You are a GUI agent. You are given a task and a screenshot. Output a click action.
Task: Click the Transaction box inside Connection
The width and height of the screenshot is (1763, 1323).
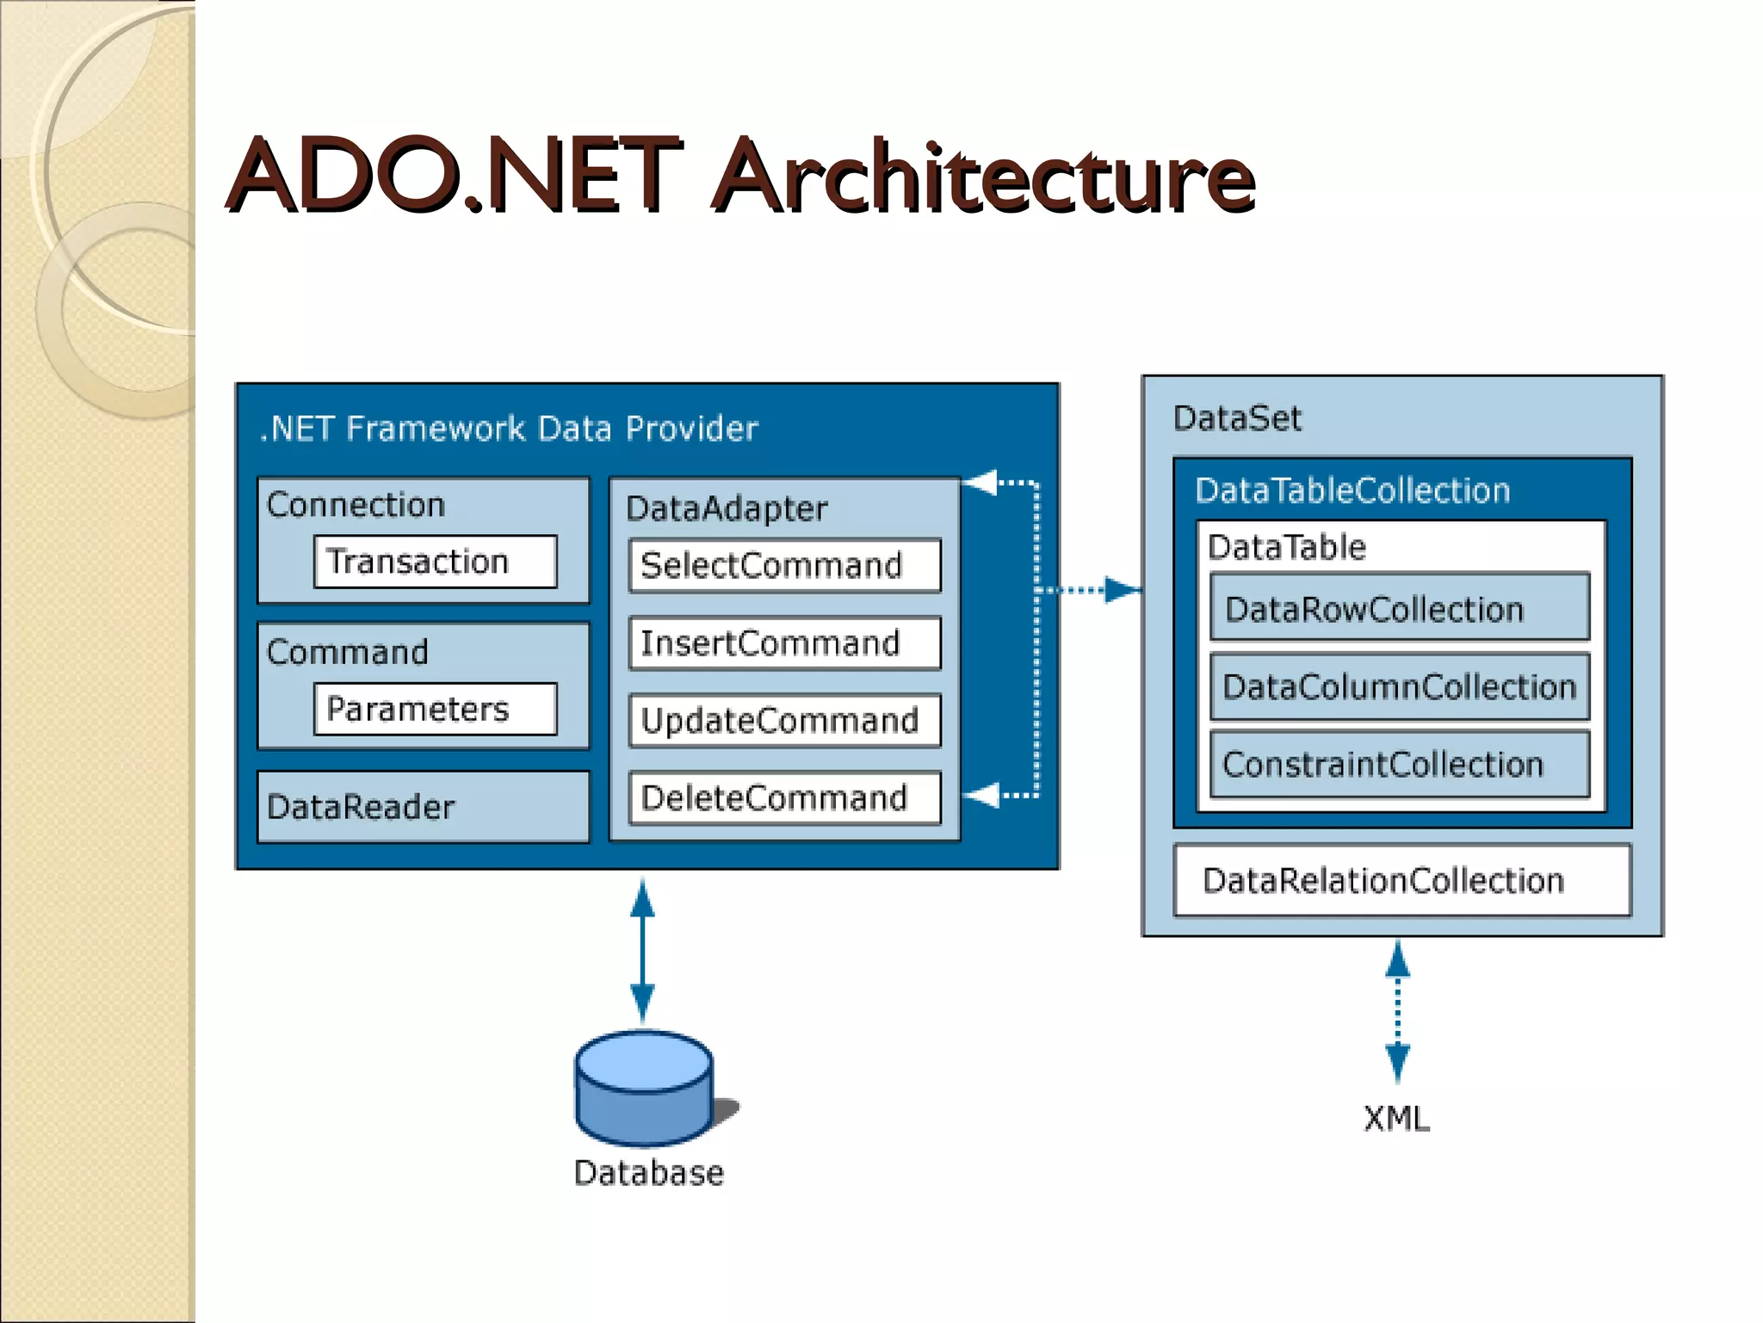coord(435,562)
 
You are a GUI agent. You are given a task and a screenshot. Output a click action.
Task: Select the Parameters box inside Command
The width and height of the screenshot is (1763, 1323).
coord(435,709)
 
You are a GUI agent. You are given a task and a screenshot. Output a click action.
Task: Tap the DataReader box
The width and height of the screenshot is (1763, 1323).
coord(423,807)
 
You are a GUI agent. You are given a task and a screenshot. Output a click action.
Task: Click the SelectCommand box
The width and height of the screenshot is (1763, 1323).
coord(784,566)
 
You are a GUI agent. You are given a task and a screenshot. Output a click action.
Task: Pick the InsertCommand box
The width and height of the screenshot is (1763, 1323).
coord(784,643)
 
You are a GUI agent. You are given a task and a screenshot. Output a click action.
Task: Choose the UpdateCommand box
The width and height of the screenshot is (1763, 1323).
coord(784,721)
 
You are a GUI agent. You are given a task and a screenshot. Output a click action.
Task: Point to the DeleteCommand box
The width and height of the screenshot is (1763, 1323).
coord(784,798)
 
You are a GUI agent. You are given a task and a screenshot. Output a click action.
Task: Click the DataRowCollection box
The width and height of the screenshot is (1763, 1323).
coord(1399,609)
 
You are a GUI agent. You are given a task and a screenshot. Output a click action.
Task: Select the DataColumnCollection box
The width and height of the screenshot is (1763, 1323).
coord(1399,686)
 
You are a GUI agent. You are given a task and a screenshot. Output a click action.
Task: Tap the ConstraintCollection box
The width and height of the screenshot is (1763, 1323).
coord(1399,764)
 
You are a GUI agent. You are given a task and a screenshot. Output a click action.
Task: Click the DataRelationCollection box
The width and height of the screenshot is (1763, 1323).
coord(1401,880)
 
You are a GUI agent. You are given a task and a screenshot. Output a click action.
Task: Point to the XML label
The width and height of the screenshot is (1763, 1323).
coord(1396,1118)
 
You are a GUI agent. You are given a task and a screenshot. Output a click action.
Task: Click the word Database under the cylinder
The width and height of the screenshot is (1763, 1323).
coord(648,1173)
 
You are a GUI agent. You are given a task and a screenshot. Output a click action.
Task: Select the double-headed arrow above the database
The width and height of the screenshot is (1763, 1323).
coord(642,952)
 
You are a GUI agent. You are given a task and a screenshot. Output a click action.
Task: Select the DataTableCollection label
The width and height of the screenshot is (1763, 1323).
coord(1352,490)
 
